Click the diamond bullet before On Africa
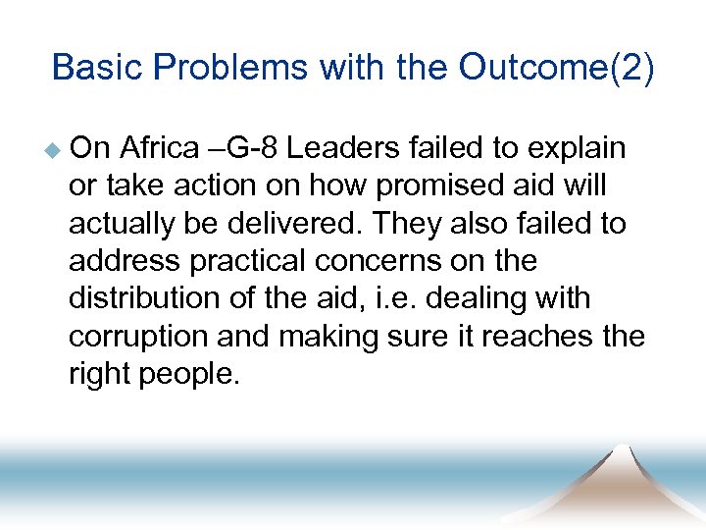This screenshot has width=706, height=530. click(x=56, y=150)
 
